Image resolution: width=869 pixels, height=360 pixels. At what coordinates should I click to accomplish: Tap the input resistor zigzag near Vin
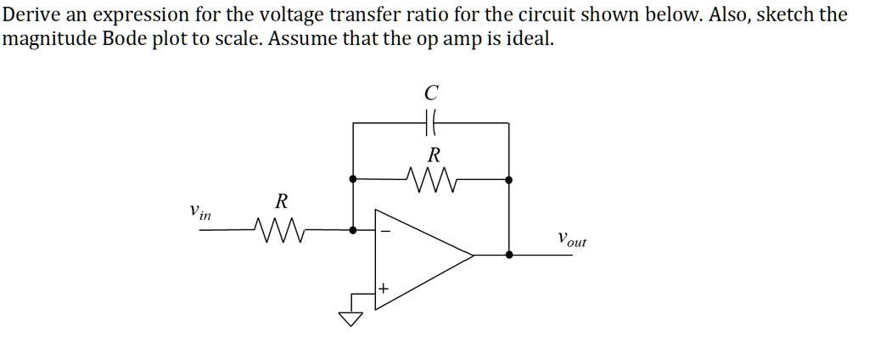[275, 228]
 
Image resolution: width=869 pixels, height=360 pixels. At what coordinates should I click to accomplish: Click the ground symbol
[350, 318]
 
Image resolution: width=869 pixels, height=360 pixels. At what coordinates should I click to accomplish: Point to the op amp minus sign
[384, 229]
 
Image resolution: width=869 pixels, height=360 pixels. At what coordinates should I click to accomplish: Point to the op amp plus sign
[384, 290]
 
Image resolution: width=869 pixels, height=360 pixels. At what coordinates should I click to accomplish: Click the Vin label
[200, 211]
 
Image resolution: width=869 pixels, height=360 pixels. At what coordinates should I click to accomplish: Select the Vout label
[571, 239]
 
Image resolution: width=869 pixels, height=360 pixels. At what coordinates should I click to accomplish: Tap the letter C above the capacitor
[431, 92]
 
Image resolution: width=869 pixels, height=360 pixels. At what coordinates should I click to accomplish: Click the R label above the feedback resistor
[434, 155]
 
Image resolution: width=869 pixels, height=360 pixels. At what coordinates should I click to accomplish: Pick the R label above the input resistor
[281, 202]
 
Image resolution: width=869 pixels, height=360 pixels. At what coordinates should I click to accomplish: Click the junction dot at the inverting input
[352, 228]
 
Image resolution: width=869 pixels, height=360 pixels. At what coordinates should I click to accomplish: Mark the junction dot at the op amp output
[508, 254]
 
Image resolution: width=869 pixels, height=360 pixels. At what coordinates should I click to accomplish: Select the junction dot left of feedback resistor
[352, 179]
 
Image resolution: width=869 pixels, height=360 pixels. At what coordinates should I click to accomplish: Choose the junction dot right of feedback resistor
[508, 179]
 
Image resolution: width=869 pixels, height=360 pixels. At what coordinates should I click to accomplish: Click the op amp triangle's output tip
[473, 254]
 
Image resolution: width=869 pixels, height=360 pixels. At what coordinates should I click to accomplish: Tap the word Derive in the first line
[30, 15]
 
